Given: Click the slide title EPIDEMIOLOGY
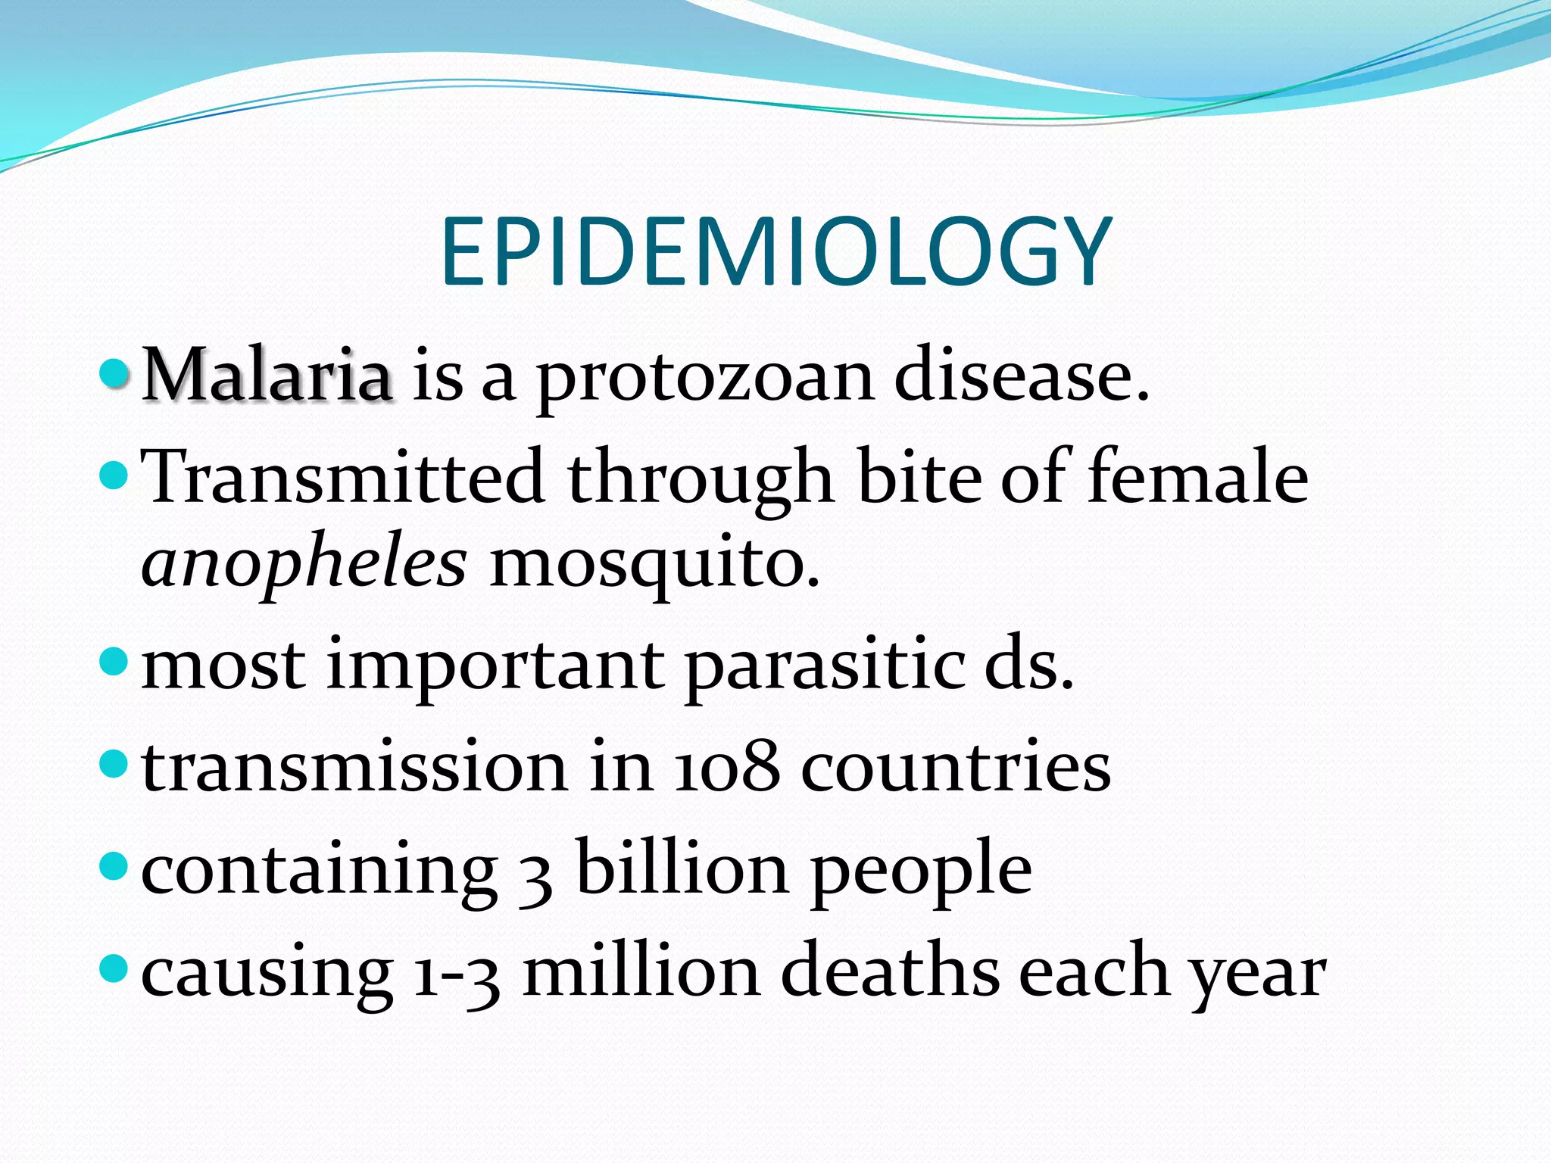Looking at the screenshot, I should click(775, 251).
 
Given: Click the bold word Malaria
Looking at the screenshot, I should click(267, 375).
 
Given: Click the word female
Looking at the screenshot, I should click(1197, 475).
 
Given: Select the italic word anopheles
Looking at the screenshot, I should click(304, 565).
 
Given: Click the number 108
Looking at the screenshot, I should click(726, 768).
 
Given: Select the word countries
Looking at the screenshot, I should click(956, 768).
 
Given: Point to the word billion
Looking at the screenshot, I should click(682, 868).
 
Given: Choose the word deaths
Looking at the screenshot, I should click(890, 971).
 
